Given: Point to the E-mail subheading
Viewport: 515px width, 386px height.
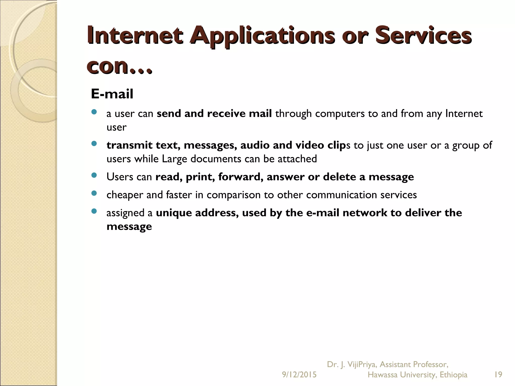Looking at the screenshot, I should point(112,94).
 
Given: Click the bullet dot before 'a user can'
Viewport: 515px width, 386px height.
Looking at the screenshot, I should point(94,112).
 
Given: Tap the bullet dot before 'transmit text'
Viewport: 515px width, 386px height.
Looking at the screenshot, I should point(94,144).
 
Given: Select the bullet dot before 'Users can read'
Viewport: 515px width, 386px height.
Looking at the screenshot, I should point(94,175).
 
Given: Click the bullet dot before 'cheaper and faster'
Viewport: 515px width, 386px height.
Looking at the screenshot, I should point(94,193).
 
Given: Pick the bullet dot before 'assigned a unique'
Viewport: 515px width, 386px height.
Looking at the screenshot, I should point(94,211).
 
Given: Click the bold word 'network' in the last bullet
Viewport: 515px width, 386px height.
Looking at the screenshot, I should point(365,213).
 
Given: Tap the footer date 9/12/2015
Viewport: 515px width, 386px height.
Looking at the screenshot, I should point(299,375).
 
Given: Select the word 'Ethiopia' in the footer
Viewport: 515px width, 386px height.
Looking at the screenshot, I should point(453,375).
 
